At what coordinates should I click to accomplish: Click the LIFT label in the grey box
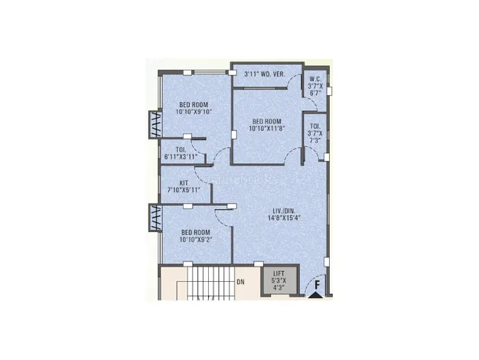pyautogui.click(x=279, y=273)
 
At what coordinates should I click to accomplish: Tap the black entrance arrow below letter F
pyautogui.click(x=316, y=295)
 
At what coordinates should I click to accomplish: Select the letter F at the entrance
pyautogui.click(x=318, y=285)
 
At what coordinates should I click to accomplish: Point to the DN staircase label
pyautogui.click(x=241, y=282)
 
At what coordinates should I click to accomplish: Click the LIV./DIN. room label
pyautogui.click(x=284, y=211)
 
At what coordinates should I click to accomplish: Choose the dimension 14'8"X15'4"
pyautogui.click(x=284, y=218)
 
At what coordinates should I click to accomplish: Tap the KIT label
pyautogui.click(x=184, y=183)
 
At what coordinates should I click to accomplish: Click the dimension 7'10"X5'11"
pyautogui.click(x=184, y=190)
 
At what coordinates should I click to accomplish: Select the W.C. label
pyautogui.click(x=315, y=79)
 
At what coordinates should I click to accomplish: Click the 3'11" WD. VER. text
pyautogui.click(x=265, y=74)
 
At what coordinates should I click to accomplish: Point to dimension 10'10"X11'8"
pyautogui.click(x=267, y=129)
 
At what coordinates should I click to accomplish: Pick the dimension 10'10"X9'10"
pyautogui.click(x=194, y=112)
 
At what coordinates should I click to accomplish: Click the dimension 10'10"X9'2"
pyautogui.click(x=196, y=239)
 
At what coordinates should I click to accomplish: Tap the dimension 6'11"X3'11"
pyautogui.click(x=181, y=157)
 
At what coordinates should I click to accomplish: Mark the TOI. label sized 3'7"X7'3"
pyautogui.click(x=315, y=126)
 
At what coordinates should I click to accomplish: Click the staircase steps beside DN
pyautogui.click(x=210, y=281)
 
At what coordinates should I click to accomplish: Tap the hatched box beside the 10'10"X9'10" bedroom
pyautogui.click(x=155, y=125)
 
